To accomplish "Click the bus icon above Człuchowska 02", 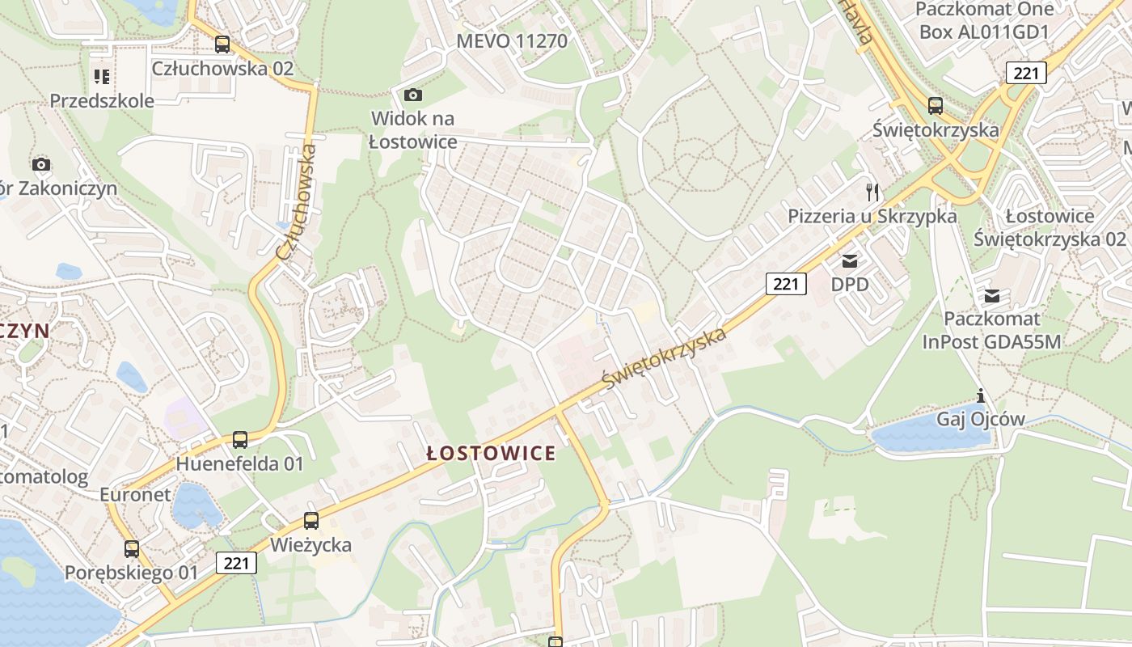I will click(x=222, y=44).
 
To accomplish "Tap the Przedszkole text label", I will click(x=102, y=101).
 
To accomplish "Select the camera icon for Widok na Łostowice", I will click(x=412, y=95).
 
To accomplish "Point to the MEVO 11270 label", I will click(x=512, y=40).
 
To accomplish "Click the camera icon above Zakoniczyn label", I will click(x=41, y=165).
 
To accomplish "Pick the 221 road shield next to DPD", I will click(x=786, y=283).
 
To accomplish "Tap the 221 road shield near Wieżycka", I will click(x=236, y=562).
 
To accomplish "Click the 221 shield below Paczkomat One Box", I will click(x=1026, y=73).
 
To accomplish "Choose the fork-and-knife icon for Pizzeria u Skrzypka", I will click(x=872, y=192).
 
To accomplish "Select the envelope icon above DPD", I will click(x=850, y=261).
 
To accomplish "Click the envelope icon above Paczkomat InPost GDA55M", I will click(x=992, y=296).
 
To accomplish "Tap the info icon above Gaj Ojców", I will click(x=981, y=396).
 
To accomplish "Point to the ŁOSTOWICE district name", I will click(x=491, y=453).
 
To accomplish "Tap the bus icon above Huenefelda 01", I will click(x=239, y=440).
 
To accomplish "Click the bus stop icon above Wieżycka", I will click(x=311, y=521).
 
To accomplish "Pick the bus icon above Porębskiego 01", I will click(x=132, y=549).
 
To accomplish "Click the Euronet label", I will click(x=135, y=494).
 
